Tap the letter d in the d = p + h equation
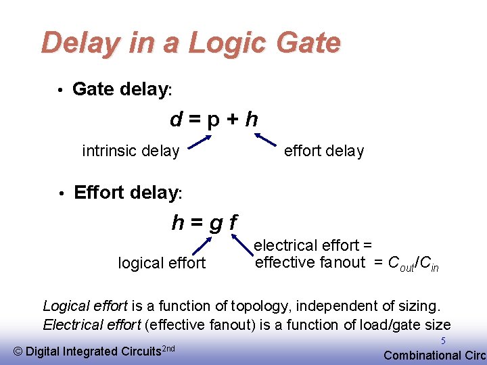tap(177, 120)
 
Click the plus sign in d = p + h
tap(231, 120)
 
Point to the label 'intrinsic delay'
tap(131, 151)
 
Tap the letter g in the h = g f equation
tap(214, 223)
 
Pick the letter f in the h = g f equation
tap(233, 222)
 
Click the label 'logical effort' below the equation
tap(162, 263)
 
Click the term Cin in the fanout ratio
tap(430, 264)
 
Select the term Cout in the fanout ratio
tap(403, 264)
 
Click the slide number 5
tap(444, 342)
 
